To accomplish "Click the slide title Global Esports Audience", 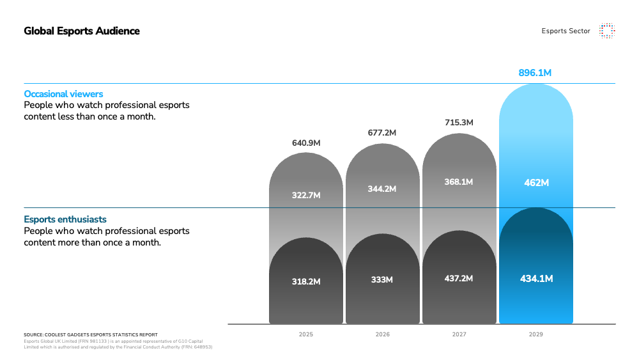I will click(82, 31).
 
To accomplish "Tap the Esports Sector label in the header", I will click(566, 31).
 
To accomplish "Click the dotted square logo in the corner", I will click(606, 31).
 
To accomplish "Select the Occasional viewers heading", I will click(63, 94).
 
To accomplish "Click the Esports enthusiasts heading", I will click(65, 219).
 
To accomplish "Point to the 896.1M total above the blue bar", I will click(535, 73).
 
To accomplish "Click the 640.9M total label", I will click(306, 143).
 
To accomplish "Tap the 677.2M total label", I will click(382, 133).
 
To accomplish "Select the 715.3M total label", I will click(459, 121).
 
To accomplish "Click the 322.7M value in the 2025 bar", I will click(306, 195).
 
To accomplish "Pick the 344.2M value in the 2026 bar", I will click(382, 189).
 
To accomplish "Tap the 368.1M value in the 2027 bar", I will click(459, 182).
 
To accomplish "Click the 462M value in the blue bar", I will click(536, 183).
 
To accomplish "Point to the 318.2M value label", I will click(306, 281).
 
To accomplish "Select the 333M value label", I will click(382, 279).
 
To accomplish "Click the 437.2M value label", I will click(459, 278).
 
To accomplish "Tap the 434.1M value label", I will click(536, 278).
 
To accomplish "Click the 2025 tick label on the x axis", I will click(306, 334).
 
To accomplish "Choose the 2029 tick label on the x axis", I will click(536, 334).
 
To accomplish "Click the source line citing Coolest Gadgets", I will click(91, 334).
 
